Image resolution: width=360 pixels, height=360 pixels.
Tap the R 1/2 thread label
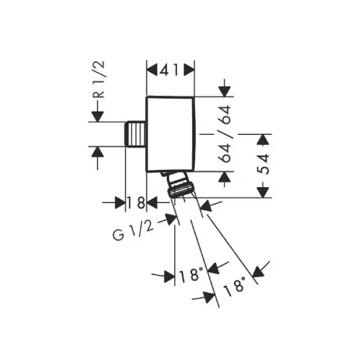pyautogui.click(x=99, y=80)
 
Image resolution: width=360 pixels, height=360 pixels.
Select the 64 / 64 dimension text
pyautogui.click(x=224, y=134)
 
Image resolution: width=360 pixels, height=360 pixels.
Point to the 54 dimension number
pyautogui.click(x=264, y=164)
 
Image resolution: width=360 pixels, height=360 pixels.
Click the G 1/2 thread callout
pyautogui.click(x=133, y=230)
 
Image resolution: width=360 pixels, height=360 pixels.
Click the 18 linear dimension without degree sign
pyautogui.click(x=136, y=202)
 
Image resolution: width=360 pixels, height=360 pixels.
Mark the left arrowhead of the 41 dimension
pyautogui.click(x=152, y=71)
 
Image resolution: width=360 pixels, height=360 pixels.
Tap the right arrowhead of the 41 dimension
pyautogui.click(x=189, y=71)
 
